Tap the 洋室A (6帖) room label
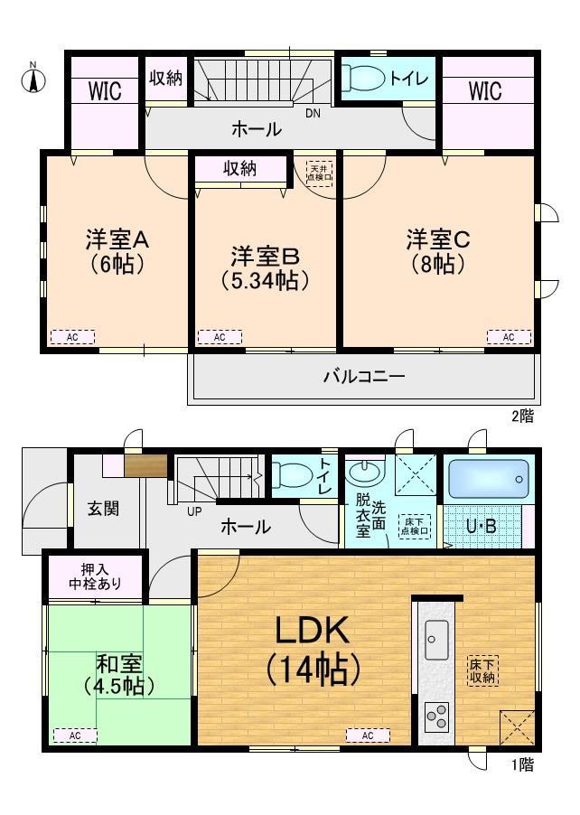click(x=117, y=252)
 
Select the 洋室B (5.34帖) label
click(x=265, y=267)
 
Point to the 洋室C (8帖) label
click(x=436, y=252)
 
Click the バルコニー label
click(x=364, y=376)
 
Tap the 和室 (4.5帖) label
click(x=117, y=675)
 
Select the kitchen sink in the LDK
click(x=436, y=642)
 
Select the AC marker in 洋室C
click(x=509, y=337)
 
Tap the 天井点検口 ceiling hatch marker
click(x=320, y=173)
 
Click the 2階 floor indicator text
click(x=521, y=416)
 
